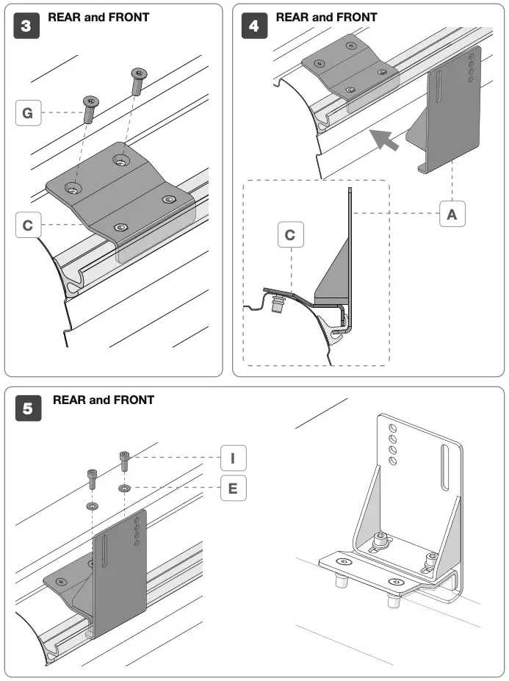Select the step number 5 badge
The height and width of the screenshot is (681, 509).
[x=28, y=409]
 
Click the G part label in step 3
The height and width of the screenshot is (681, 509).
[x=28, y=113]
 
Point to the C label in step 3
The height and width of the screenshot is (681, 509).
[x=28, y=226]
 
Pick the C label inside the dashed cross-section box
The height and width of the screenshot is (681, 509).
[x=291, y=235]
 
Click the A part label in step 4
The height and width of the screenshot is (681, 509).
[x=452, y=214]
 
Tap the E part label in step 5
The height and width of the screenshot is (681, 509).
[x=233, y=488]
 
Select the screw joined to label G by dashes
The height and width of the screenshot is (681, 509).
[x=90, y=109]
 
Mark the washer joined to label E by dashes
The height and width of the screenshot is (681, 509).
[x=125, y=488]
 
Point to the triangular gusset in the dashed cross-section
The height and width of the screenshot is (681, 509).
[x=334, y=268]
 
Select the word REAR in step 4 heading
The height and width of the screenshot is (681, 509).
[x=291, y=17]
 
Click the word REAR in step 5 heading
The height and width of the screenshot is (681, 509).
[x=68, y=400]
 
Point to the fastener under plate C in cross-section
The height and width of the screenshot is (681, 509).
[x=278, y=305]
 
